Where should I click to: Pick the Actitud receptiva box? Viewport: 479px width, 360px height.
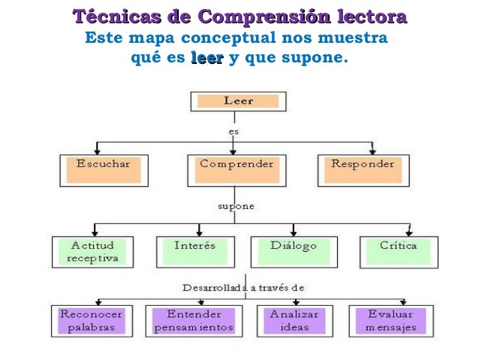93,252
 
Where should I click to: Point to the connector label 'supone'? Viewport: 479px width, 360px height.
235,205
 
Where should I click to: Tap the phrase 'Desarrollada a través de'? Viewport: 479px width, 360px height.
243,287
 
